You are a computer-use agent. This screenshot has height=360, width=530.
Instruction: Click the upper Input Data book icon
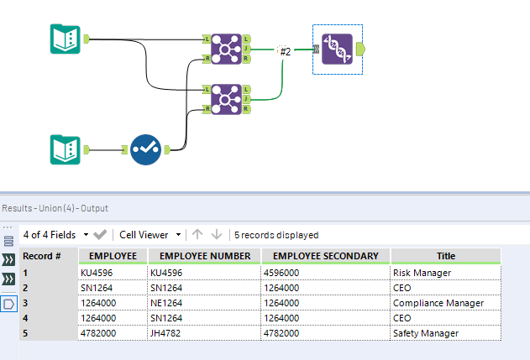tap(64, 39)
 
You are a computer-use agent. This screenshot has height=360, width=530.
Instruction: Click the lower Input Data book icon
tap(64, 150)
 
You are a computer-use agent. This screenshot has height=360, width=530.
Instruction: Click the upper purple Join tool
tap(226, 49)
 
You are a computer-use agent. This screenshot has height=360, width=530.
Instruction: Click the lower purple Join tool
tap(226, 98)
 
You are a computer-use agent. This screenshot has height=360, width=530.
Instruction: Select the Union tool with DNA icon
tap(336, 49)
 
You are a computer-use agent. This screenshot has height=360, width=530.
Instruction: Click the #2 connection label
tap(285, 52)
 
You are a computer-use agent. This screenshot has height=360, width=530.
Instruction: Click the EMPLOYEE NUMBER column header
tap(204, 256)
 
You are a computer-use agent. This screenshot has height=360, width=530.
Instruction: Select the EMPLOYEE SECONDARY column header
tap(326, 256)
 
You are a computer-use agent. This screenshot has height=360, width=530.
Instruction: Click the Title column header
tap(445, 256)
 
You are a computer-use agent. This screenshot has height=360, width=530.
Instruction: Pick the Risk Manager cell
tap(422, 273)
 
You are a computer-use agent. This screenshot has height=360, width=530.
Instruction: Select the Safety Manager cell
tap(426, 333)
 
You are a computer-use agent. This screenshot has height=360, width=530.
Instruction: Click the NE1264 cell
tap(167, 303)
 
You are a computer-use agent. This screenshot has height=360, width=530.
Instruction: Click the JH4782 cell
tap(166, 333)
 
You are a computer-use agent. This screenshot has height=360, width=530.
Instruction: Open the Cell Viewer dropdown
tap(150, 235)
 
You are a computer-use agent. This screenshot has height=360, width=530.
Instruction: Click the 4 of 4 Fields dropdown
tap(56, 235)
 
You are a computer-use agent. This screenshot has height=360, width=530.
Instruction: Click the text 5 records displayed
tap(275, 235)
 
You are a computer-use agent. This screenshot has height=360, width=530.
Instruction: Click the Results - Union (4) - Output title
tap(55, 208)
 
